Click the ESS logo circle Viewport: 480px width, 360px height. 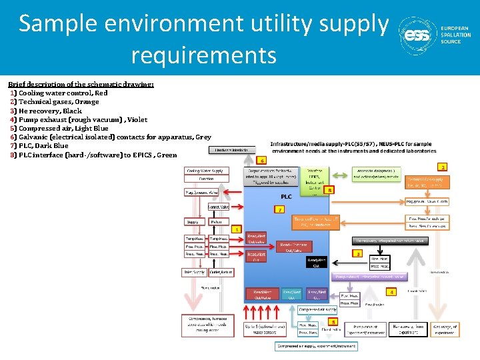[417, 34]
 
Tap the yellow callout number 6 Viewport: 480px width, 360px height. [262, 160]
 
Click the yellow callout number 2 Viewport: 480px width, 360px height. [443, 166]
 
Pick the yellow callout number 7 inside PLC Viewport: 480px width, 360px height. [281, 209]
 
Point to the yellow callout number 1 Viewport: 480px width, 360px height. [236, 229]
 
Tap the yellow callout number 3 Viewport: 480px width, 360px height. [358, 253]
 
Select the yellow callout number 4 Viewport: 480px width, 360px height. [392, 291]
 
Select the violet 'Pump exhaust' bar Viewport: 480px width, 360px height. [371, 276]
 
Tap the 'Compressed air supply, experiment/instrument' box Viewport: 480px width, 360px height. [317, 345]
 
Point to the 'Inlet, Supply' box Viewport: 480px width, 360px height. [194, 271]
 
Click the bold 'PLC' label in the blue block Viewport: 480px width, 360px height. [286, 196]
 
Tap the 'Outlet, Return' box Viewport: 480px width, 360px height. [220, 271]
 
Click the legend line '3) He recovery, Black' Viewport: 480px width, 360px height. [46, 111]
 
